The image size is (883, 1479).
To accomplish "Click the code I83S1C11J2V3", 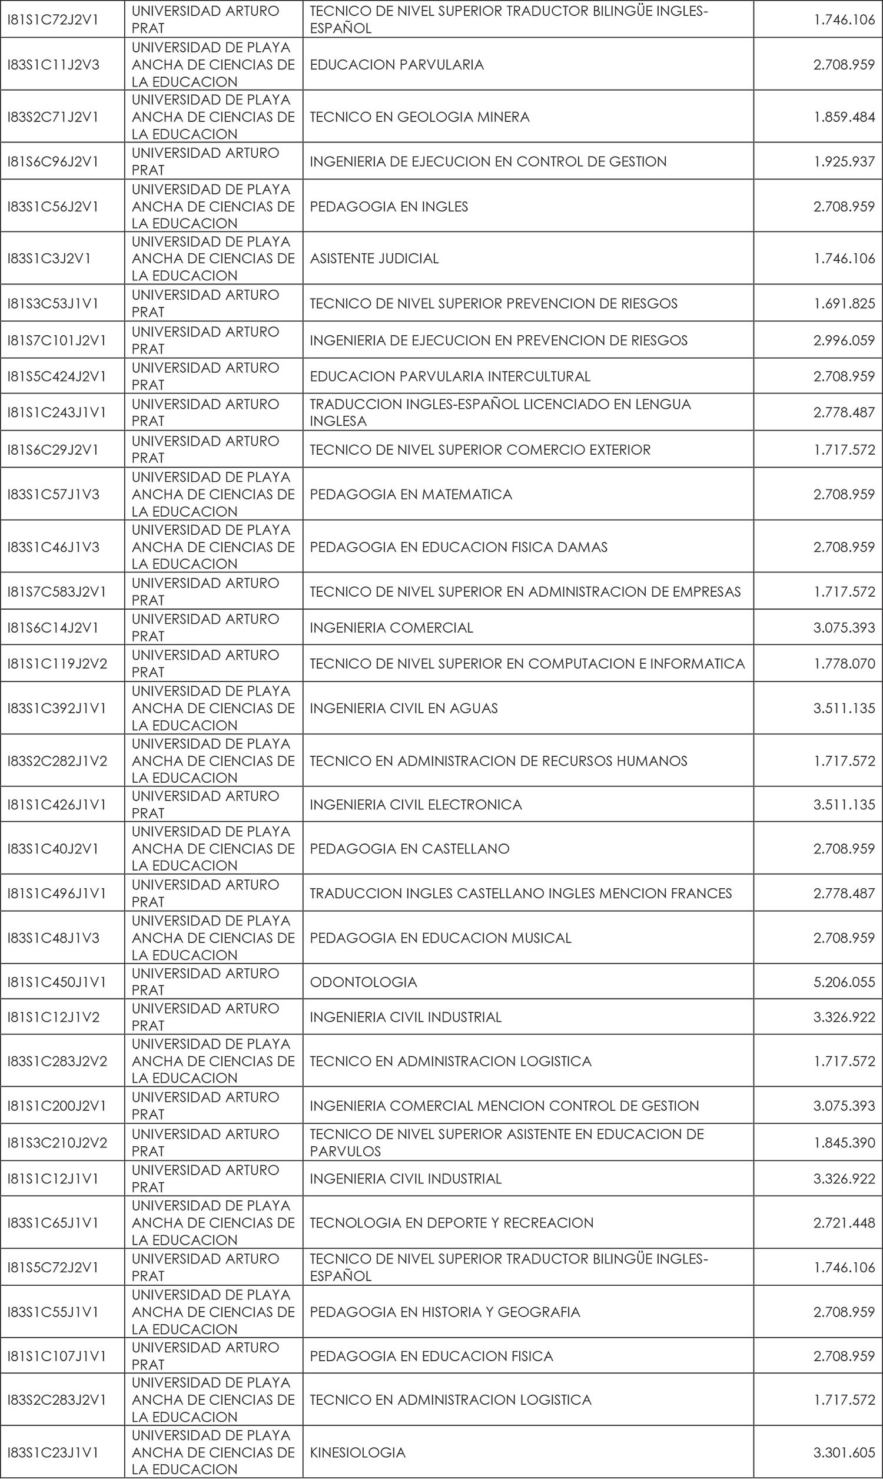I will click(x=54, y=65).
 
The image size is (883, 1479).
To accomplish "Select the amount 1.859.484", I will click(x=844, y=117).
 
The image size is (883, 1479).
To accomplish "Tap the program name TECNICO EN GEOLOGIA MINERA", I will click(x=420, y=117).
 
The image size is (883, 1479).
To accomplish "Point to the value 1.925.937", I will click(x=844, y=161).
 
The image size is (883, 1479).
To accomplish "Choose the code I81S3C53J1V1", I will click(x=53, y=303).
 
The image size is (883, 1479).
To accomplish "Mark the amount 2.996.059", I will click(x=844, y=340).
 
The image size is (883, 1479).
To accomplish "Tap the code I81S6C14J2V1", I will click(x=53, y=628).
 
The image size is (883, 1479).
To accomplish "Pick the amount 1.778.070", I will click(x=844, y=664).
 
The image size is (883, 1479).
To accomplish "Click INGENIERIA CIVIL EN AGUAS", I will click(x=403, y=708).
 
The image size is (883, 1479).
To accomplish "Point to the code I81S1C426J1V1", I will click(x=57, y=805).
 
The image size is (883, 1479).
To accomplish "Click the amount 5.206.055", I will click(x=844, y=982).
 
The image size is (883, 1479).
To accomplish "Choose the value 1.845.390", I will click(x=844, y=1143).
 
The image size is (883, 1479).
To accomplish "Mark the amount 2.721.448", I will click(x=844, y=1223).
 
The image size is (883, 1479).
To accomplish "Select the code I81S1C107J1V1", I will click(x=57, y=1356).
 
